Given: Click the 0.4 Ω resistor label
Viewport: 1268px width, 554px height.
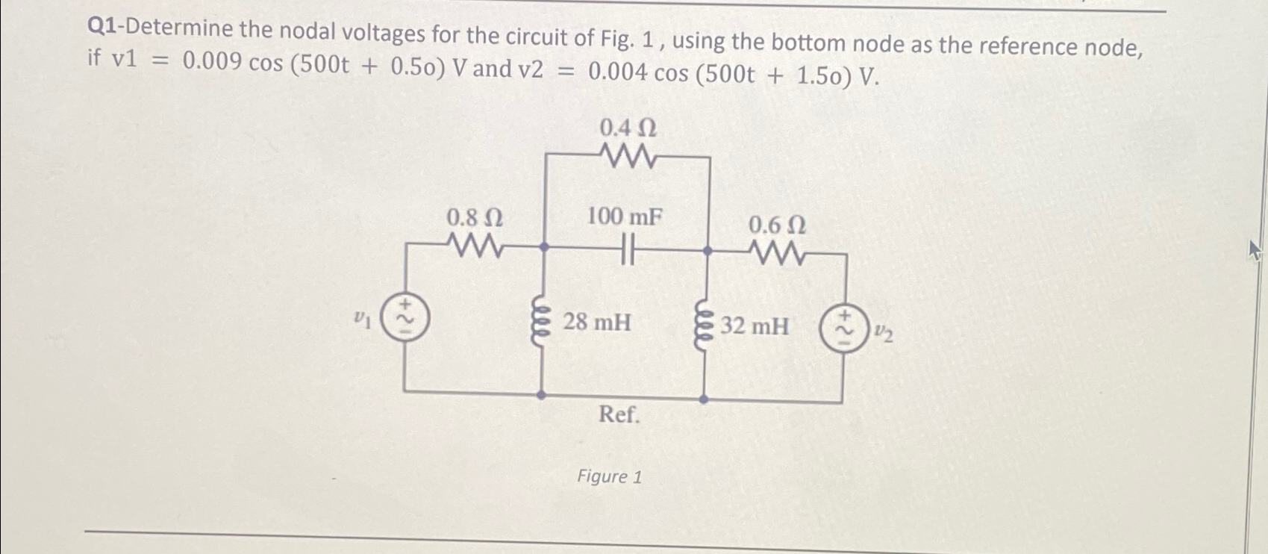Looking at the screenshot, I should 628,128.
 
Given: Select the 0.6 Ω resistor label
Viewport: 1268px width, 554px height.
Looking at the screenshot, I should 776,225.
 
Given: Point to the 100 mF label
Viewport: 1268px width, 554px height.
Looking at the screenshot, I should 624,217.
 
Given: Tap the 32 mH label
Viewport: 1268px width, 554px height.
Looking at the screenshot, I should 755,326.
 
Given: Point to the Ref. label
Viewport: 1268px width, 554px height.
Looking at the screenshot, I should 619,414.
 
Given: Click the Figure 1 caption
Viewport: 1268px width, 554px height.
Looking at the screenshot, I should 609,476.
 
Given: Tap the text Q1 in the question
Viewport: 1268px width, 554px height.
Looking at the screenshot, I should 101,28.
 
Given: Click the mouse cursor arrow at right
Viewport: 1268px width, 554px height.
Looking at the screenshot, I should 1255,250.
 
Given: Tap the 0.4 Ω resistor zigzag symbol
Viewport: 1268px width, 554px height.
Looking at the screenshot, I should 628,158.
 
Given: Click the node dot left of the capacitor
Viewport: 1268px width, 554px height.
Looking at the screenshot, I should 544,246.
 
